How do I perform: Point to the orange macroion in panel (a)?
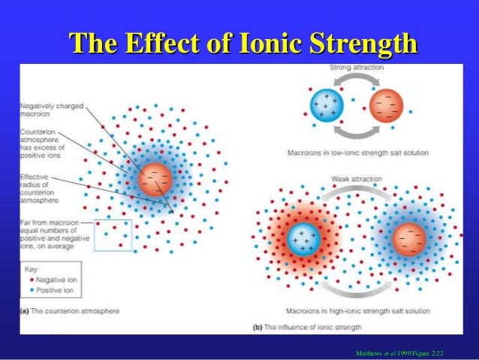tap(156, 178)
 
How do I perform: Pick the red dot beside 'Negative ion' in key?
tap(30, 280)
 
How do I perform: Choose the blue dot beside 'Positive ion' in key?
tap(30, 290)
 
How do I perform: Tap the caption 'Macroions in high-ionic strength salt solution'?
tap(357, 310)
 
